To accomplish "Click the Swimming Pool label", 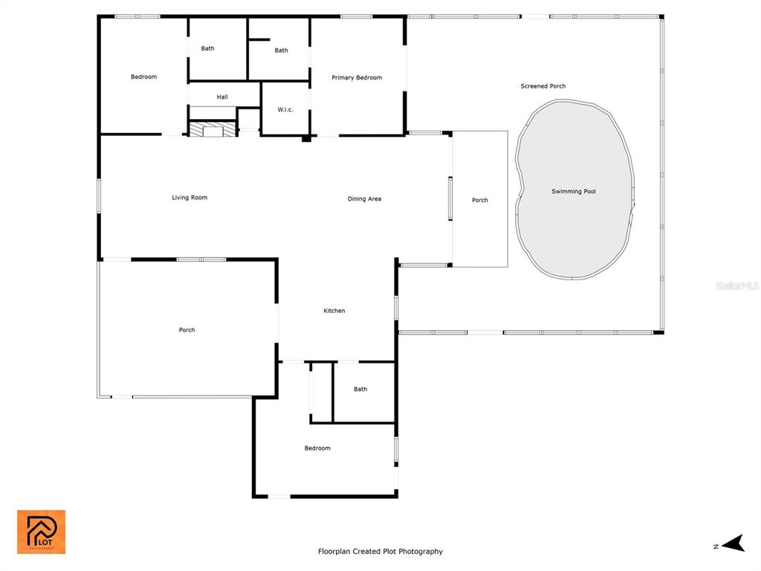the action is (573, 191).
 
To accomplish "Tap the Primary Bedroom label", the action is (357, 77).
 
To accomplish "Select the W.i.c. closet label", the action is (285, 110).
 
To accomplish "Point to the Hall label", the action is (222, 97).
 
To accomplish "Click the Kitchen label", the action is (334, 311).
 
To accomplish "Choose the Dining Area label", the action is (364, 199).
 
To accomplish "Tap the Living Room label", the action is (190, 198).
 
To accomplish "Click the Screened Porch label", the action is (543, 86).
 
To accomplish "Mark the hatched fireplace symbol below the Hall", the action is (212, 129).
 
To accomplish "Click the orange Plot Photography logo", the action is (42, 532).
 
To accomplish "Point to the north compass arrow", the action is (734, 543).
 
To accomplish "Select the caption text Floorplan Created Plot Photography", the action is (380, 551).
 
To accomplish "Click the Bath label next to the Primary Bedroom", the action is (282, 51).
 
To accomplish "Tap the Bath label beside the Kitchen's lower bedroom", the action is (360, 389).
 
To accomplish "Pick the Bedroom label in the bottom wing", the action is (317, 448).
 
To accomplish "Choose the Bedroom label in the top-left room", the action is (143, 77).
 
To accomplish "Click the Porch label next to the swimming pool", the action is (480, 200).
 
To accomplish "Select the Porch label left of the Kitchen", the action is (187, 330).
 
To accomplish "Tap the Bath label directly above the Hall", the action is (208, 48).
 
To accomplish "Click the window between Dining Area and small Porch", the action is (450, 199).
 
